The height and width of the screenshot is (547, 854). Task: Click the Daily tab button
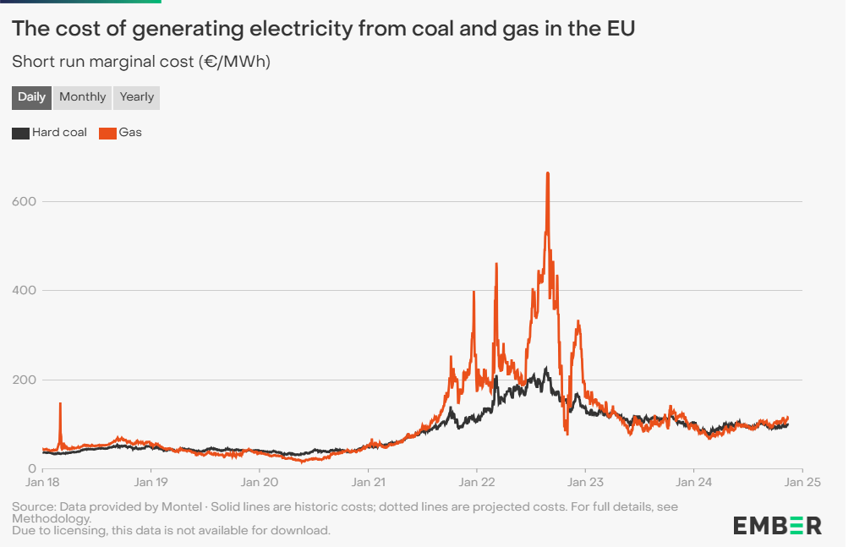pos(32,97)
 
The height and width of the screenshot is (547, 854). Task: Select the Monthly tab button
pos(83,97)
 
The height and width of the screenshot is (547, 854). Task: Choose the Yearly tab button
pos(137,97)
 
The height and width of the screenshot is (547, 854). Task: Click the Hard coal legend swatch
pos(20,133)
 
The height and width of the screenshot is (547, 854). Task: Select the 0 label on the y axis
pos(33,469)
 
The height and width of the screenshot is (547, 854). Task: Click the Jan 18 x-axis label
pos(42,483)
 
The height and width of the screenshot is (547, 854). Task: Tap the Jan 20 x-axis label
pos(259,483)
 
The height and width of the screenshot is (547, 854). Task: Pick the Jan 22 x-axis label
pos(476,483)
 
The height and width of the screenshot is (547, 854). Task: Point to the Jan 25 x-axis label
pos(802,483)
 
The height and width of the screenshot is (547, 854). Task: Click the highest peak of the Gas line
pos(548,173)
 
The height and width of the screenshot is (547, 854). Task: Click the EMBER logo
pos(776,525)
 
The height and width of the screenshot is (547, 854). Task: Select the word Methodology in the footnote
pos(51,518)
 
